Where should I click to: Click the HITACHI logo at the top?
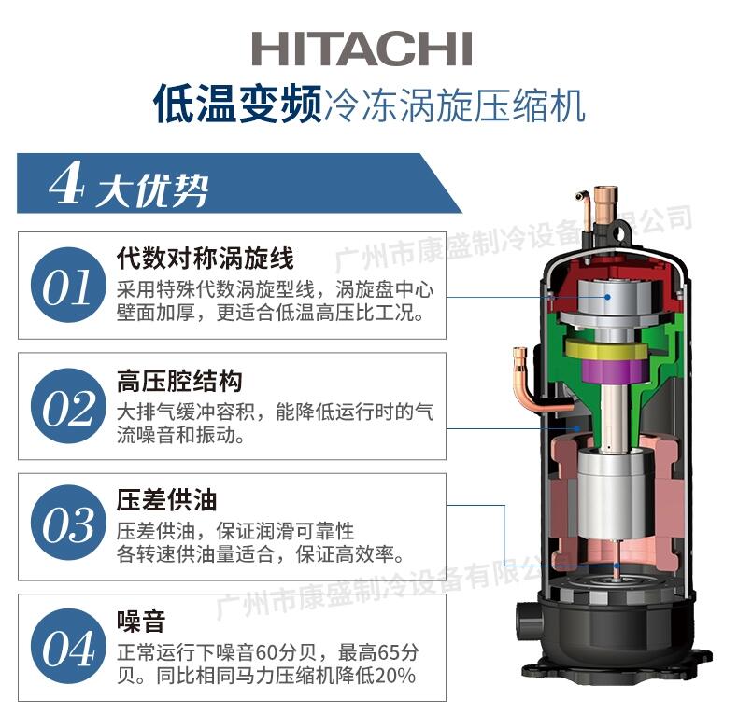pyautogui.click(x=362, y=49)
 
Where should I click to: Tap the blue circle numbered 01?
pyautogui.click(x=68, y=285)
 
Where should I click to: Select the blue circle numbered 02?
pyautogui.click(x=68, y=406)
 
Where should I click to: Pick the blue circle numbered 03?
pyautogui.click(x=68, y=523)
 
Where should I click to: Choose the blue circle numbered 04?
pyautogui.click(x=68, y=647)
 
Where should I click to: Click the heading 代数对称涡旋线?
pyautogui.click(x=206, y=258)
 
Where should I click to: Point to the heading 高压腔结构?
pyautogui.click(x=179, y=381)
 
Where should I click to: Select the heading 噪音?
pyautogui.click(x=141, y=622)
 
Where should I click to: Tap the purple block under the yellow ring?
pyautogui.click(x=611, y=370)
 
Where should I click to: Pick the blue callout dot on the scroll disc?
pyautogui.click(x=607, y=297)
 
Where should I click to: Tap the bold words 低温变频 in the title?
pyautogui.click(x=237, y=104)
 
